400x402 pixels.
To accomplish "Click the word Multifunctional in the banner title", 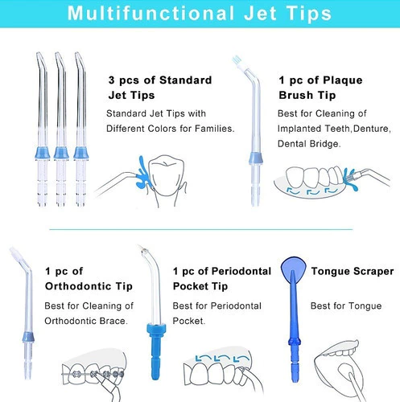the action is click(x=151, y=13).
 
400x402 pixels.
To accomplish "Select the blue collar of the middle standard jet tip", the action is click(x=61, y=154).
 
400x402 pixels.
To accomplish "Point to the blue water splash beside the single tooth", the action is click(x=142, y=173).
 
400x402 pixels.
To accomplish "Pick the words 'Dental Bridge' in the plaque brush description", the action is click(x=309, y=144).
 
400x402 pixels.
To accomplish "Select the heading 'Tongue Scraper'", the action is click(x=353, y=272).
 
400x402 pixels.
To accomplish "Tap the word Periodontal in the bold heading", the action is click(x=241, y=271).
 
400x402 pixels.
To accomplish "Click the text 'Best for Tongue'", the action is click(x=346, y=306).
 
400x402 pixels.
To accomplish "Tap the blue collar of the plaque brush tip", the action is click(x=256, y=158).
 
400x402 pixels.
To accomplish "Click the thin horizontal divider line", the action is click(x=200, y=229).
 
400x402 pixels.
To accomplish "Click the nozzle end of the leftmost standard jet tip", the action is click(x=38, y=53).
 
